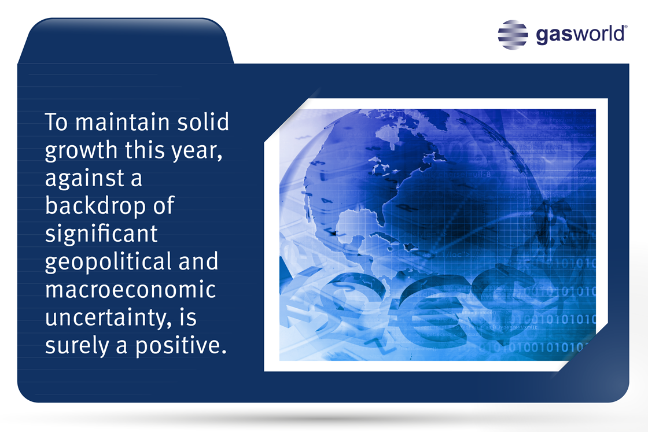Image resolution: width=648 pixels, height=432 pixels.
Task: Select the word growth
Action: coord(81,151)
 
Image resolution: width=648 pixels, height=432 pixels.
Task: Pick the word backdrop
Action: coord(95,205)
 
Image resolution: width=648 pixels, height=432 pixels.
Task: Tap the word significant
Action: coord(101,234)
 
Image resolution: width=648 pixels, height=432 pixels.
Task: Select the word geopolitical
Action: coord(108,262)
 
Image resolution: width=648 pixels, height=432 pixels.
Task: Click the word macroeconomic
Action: coord(130,290)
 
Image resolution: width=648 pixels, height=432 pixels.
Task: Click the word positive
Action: coord(181,345)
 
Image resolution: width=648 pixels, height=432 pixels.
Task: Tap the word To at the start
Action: coord(56,122)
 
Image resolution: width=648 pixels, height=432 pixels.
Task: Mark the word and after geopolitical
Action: coord(198,261)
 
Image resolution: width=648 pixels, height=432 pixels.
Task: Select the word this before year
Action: coord(145,150)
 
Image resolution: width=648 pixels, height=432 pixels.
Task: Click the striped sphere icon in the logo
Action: coord(513,35)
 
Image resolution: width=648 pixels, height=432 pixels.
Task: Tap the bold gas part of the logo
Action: coord(553,35)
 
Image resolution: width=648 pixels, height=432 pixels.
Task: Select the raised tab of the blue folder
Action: coord(126,41)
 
